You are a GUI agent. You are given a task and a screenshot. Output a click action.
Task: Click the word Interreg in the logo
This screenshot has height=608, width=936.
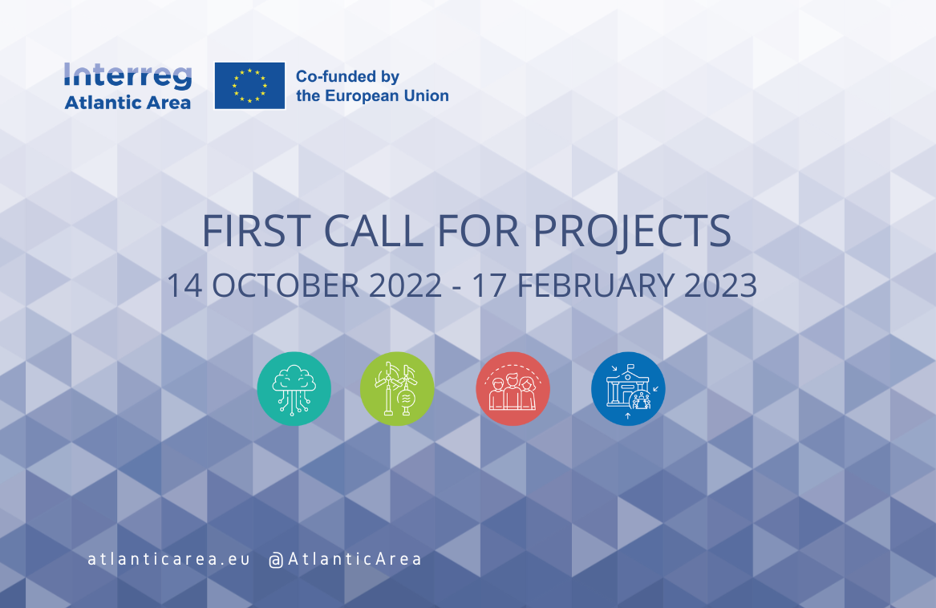(x=128, y=77)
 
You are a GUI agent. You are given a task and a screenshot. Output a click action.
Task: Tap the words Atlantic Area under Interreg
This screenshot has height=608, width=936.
(x=128, y=103)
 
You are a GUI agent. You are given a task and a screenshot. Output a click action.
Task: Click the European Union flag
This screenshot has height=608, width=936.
(x=249, y=85)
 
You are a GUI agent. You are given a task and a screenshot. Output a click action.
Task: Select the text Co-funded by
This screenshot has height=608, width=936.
(x=347, y=76)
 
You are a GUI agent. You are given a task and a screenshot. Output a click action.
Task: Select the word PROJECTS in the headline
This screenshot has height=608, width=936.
(x=631, y=232)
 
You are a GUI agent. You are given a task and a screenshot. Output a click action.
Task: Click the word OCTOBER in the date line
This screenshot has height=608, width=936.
(x=286, y=286)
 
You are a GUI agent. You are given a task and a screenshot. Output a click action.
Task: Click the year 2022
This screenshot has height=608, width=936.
(x=405, y=286)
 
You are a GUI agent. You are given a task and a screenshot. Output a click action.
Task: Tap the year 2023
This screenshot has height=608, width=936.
(x=720, y=286)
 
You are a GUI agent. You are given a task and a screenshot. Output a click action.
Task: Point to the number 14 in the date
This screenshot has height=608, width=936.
(x=184, y=286)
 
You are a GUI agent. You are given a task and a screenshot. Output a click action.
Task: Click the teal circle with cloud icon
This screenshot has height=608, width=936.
(x=294, y=389)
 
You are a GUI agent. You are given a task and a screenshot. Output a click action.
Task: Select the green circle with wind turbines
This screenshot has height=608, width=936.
(x=397, y=389)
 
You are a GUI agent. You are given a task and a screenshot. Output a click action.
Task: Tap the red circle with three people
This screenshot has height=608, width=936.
(x=513, y=389)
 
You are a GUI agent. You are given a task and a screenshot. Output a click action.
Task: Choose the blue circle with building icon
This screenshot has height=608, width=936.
(x=628, y=389)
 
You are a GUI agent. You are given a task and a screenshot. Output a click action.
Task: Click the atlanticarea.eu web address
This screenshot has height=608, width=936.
(x=169, y=559)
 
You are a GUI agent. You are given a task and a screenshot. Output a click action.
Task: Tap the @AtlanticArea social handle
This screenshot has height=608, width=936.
(x=345, y=559)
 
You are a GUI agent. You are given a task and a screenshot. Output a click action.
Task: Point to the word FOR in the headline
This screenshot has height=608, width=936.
(x=478, y=230)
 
